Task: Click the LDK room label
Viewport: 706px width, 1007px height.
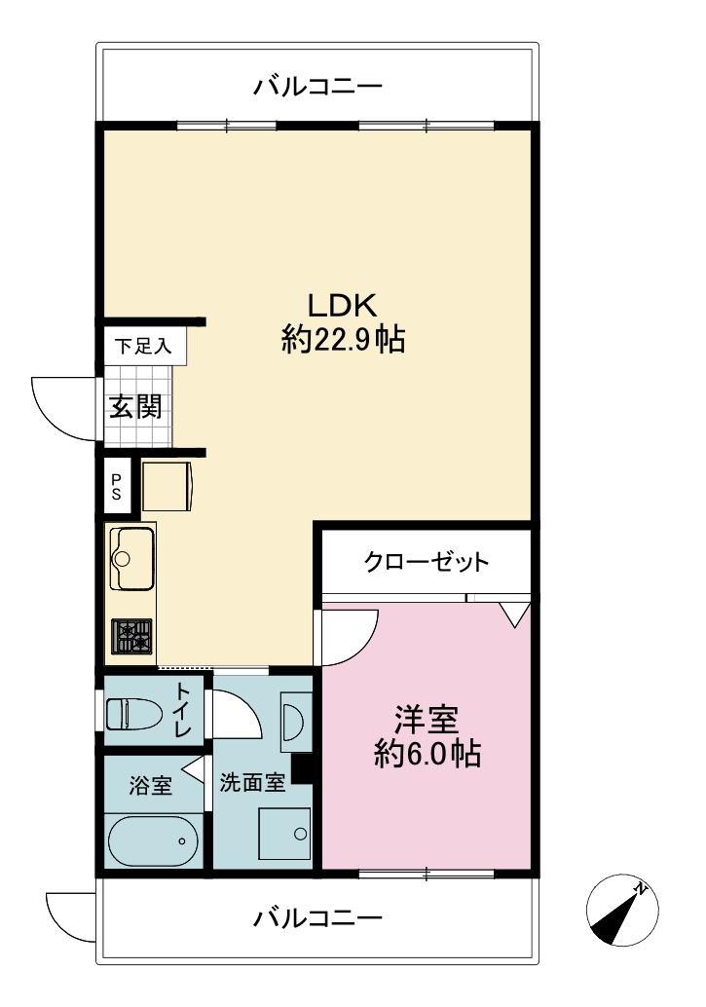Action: pos(343,306)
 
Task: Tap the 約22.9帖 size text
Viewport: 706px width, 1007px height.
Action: pos(343,339)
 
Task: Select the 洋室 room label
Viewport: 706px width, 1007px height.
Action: pos(427,720)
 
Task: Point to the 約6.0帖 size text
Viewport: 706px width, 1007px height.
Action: pos(427,754)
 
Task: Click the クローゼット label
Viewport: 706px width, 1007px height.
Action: pos(427,562)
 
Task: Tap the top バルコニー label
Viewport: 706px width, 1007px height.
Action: pos(318,86)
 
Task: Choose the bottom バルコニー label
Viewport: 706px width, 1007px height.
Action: pos(318,917)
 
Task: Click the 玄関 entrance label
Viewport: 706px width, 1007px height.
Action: pos(135,406)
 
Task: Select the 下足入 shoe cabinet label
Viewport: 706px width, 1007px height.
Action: pos(143,346)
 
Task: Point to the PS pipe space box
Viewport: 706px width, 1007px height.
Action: pos(117,486)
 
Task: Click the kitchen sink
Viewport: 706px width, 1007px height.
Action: pos(131,558)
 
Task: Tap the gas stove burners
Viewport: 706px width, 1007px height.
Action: pos(131,637)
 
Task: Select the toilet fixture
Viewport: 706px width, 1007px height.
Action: pos(133,714)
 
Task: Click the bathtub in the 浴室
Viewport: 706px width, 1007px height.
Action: pos(152,840)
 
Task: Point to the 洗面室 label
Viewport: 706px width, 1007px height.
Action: pos(252,782)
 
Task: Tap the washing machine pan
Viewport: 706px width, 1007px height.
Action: pos(284,834)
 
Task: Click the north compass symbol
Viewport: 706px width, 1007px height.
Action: pos(622,910)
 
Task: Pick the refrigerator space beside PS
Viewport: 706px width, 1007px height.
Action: pos(167,486)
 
